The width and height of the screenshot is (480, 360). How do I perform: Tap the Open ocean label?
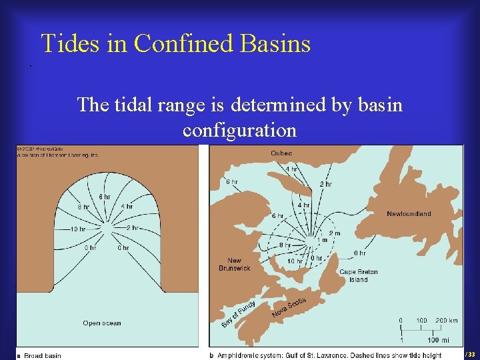coord(101,323)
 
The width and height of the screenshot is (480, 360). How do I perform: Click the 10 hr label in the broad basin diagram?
coord(78,229)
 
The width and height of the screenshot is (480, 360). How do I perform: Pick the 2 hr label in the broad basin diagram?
coord(132,227)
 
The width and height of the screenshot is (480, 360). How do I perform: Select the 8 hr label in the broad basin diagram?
coord(83,207)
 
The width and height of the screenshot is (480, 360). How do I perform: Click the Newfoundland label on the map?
coord(409,214)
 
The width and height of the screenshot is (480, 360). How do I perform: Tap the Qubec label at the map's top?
coord(281,153)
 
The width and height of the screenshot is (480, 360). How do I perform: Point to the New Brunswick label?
coord(235,264)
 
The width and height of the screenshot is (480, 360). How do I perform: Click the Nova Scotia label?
coord(289,307)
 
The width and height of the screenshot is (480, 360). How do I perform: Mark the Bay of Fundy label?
coord(238,314)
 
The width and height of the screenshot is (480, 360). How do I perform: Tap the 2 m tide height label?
coord(335,233)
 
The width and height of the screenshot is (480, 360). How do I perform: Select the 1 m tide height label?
coord(322,240)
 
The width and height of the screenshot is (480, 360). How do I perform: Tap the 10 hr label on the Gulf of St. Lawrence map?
coord(295,261)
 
